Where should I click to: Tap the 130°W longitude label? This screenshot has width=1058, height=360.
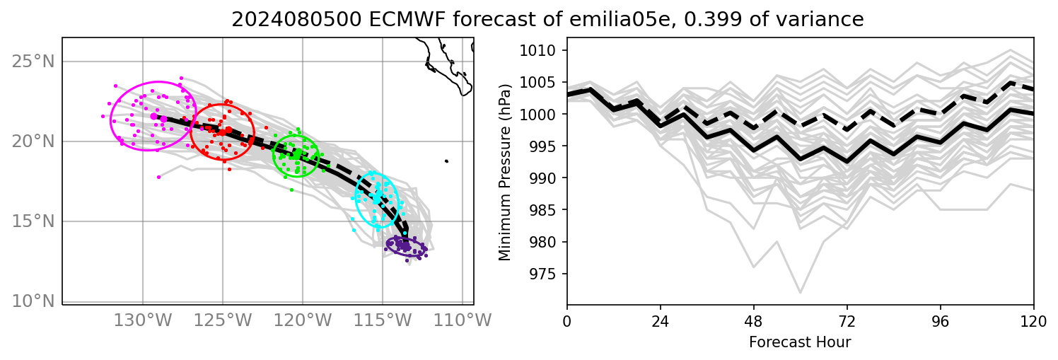(x=143, y=320)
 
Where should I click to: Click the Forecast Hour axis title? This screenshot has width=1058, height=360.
(x=800, y=343)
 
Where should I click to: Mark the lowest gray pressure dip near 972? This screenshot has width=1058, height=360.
(x=801, y=292)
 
